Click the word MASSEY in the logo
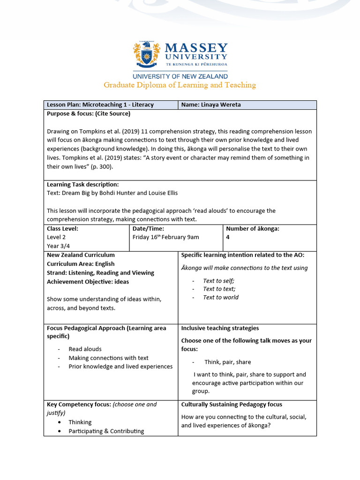pos(196,48)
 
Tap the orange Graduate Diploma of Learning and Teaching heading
pos(180,85)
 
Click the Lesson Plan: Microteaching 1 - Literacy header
pos(100,105)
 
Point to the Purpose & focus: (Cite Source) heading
pos(89,113)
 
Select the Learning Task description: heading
pos(83,184)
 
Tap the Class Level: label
pos(62,229)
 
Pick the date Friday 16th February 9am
pos(166,237)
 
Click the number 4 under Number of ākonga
pos(228,237)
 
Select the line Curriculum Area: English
pos(81,264)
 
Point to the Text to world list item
pos(220,297)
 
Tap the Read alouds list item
pos(85,349)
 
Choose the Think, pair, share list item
pos(227,362)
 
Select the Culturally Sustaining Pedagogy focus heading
pos(232,404)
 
